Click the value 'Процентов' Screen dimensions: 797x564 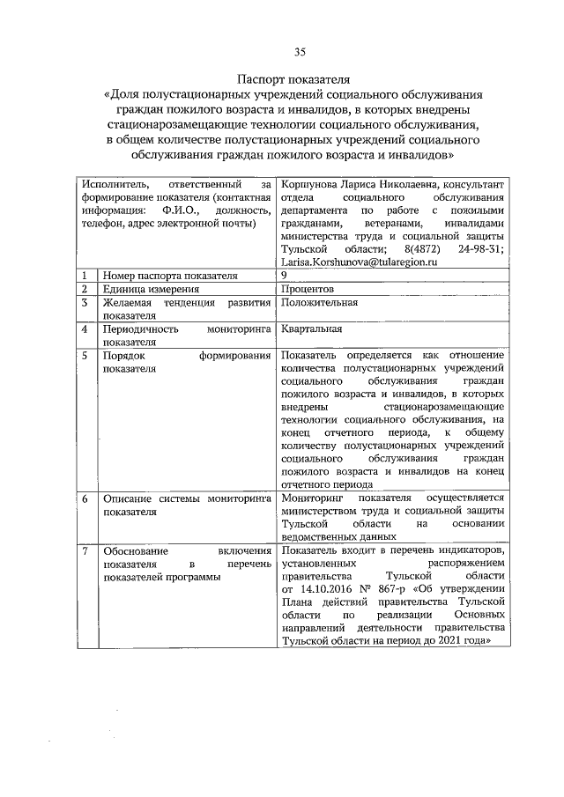[x=307, y=289]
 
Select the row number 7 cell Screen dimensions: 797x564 [x=85, y=551]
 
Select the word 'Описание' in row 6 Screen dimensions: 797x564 [x=127, y=498]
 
